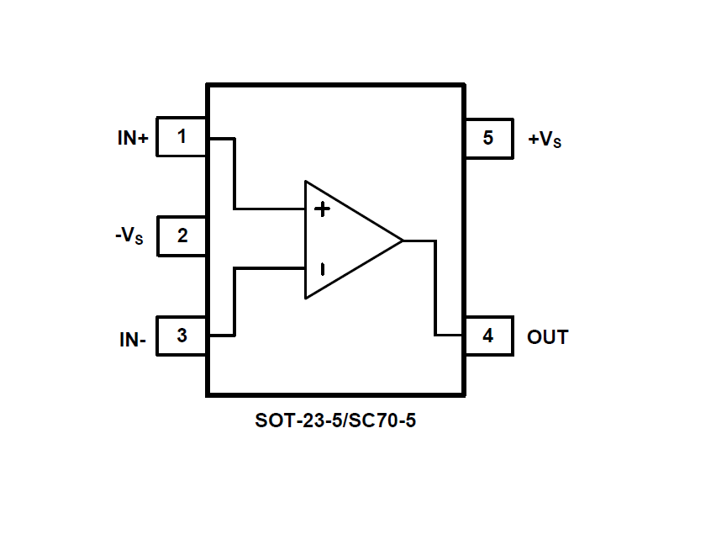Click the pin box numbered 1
pyautogui.click(x=182, y=136)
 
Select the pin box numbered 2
pyautogui.click(x=182, y=235)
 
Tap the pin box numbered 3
pyautogui.click(x=182, y=336)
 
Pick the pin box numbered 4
pyautogui.click(x=488, y=336)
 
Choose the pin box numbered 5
pyautogui.click(x=488, y=137)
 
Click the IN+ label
pyautogui.click(x=133, y=139)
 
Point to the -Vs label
pyautogui.click(x=129, y=236)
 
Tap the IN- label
pyautogui.click(x=133, y=341)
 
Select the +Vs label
pyautogui.click(x=545, y=140)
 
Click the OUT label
pyautogui.click(x=547, y=337)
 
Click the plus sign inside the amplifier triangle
pyautogui.click(x=321, y=209)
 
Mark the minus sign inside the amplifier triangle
pyautogui.click(x=321, y=269)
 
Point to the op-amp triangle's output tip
pyautogui.click(x=403, y=241)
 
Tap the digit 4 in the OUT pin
pyautogui.click(x=488, y=336)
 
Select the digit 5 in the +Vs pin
pyautogui.click(x=488, y=137)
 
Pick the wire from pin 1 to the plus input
pyautogui.click(x=235, y=172)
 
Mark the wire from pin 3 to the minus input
pyautogui.click(x=235, y=303)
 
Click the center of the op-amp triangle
pyautogui.click(x=345, y=240)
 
